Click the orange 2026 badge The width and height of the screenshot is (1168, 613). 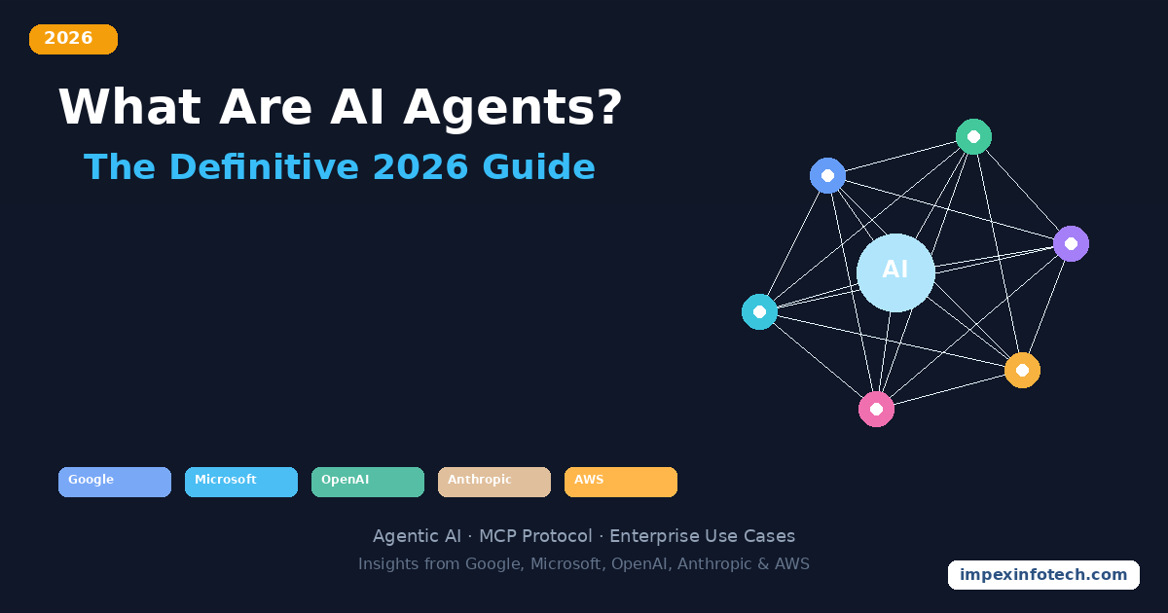pos(73,39)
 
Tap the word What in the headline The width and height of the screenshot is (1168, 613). pos(130,107)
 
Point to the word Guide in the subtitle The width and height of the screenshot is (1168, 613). pos(538,167)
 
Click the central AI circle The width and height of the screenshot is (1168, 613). pos(895,272)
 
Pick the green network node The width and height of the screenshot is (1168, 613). pos(973,136)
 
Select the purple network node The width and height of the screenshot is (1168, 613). pos(1071,243)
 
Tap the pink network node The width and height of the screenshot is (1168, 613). pos(876,409)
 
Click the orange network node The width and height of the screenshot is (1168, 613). pos(1022,370)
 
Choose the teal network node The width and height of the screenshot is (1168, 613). pos(759,311)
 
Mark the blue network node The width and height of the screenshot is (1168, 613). pos(827,175)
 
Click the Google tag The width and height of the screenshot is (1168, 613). pos(115,482)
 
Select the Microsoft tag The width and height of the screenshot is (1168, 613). pos(241,482)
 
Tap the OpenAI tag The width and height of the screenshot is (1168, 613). pos(368,482)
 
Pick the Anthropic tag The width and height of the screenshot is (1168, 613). pos(494,482)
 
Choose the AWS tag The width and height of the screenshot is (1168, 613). pos(621,482)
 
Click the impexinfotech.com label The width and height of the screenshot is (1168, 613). pos(1043,575)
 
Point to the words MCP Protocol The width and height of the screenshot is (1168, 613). pos(535,536)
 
